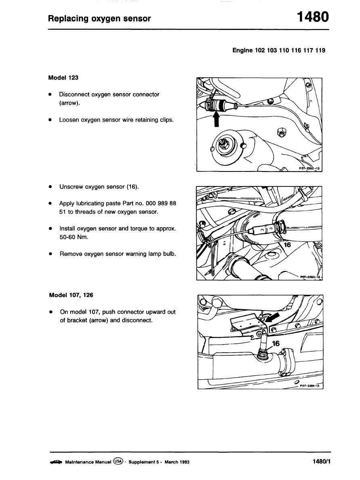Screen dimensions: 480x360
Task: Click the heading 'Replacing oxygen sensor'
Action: pyautogui.click(x=99, y=19)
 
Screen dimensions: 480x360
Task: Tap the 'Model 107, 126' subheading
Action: pyautogui.click(x=71, y=295)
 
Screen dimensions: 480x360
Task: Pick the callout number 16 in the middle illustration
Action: pyautogui.click(x=286, y=245)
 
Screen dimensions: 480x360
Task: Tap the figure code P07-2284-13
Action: pyautogui.click(x=309, y=385)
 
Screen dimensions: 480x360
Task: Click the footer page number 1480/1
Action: pyautogui.click(x=321, y=461)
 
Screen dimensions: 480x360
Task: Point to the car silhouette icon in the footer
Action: pyautogui.click(x=55, y=462)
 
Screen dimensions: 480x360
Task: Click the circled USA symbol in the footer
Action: pyautogui.click(x=118, y=461)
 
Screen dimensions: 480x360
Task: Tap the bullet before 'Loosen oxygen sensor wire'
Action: pyautogui.click(x=50, y=120)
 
